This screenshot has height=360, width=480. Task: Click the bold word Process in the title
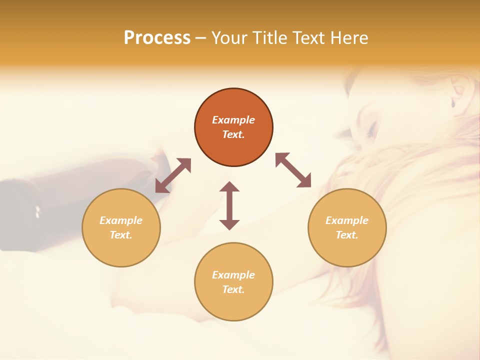157,38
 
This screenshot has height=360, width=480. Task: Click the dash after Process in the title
201,38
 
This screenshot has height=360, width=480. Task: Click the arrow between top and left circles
173,175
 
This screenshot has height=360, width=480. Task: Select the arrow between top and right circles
293,170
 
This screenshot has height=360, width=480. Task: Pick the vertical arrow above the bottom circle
229,205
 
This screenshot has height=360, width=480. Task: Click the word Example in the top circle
233,120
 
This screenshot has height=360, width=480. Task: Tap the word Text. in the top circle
233,134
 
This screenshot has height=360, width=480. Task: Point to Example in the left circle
121,220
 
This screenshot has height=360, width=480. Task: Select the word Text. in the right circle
347,235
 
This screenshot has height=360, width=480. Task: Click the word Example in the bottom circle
233,275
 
